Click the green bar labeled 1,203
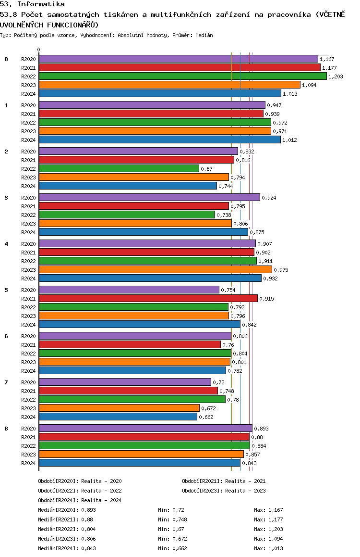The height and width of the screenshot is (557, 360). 183,76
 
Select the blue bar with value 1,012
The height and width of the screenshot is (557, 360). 160,139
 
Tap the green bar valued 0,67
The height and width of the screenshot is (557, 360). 119,168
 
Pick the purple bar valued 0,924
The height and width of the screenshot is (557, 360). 150,197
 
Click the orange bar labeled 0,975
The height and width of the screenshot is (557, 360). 156,270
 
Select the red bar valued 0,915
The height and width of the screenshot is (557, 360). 148,298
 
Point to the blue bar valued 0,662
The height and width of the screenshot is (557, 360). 118,417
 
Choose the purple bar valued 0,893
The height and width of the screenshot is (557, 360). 145,428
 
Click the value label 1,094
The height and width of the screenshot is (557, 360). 309,85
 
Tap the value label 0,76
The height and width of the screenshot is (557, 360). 228,345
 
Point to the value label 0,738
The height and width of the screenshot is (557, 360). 224,215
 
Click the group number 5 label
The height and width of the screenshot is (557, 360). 6,290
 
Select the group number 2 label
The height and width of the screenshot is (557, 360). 6,152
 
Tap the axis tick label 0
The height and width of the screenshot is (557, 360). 38,50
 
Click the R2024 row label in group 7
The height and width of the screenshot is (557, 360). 28,417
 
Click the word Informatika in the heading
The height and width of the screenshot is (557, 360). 41,4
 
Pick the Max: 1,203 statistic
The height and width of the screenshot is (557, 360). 269,529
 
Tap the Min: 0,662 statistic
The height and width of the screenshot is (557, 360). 172,548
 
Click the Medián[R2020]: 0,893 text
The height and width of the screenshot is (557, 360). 67,510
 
